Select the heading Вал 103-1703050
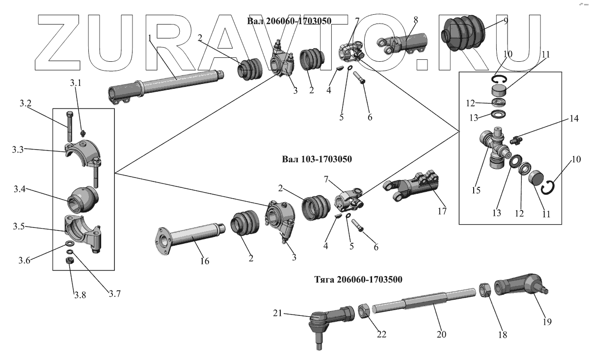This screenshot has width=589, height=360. point(317,159)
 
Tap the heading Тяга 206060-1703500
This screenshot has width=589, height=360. point(358,280)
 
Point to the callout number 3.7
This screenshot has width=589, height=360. point(115,294)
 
